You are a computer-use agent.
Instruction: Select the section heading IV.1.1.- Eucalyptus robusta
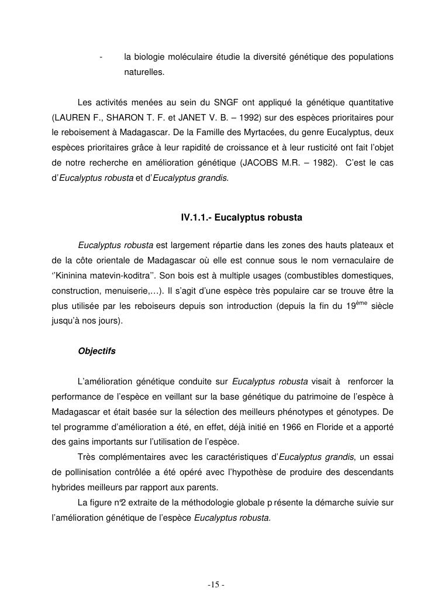tap(241, 218)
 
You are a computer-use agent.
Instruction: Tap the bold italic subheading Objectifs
tap(96, 352)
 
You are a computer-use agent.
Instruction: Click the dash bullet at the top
tap(101, 57)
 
